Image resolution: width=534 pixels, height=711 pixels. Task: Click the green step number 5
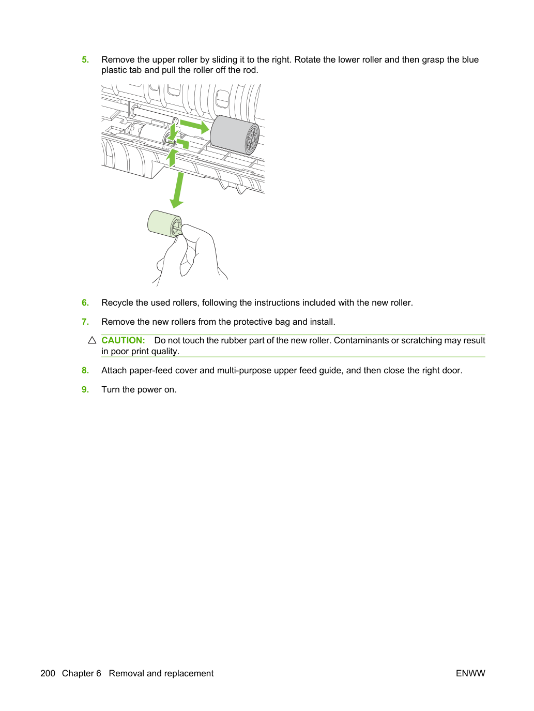click(85, 59)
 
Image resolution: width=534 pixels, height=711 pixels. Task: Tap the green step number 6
click(85, 302)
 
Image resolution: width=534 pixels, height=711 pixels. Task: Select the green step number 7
click(85, 322)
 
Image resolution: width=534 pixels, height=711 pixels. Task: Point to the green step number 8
click(85, 370)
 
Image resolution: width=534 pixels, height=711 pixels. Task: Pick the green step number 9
click(85, 389)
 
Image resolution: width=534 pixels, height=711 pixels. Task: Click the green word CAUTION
click(123, 340)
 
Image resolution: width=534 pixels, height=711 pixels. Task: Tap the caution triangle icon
click(92, 340)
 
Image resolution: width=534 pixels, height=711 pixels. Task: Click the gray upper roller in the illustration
click(235, 135)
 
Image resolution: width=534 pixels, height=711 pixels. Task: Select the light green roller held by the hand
click(164, 223)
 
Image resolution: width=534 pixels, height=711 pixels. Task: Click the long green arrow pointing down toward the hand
click(178, 190)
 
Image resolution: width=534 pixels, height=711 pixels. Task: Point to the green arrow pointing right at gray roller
click(194, 126)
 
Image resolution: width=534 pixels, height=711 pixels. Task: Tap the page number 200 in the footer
click(48, 673)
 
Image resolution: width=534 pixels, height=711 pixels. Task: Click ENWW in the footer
click(470, 673)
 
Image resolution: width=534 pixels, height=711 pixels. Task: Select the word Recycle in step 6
click(117, 302)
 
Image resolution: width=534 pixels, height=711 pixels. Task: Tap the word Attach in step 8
click(114, 370)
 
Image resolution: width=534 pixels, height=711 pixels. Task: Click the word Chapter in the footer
click(81, 673)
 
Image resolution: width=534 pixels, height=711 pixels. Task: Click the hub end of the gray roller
click(252, 139)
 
